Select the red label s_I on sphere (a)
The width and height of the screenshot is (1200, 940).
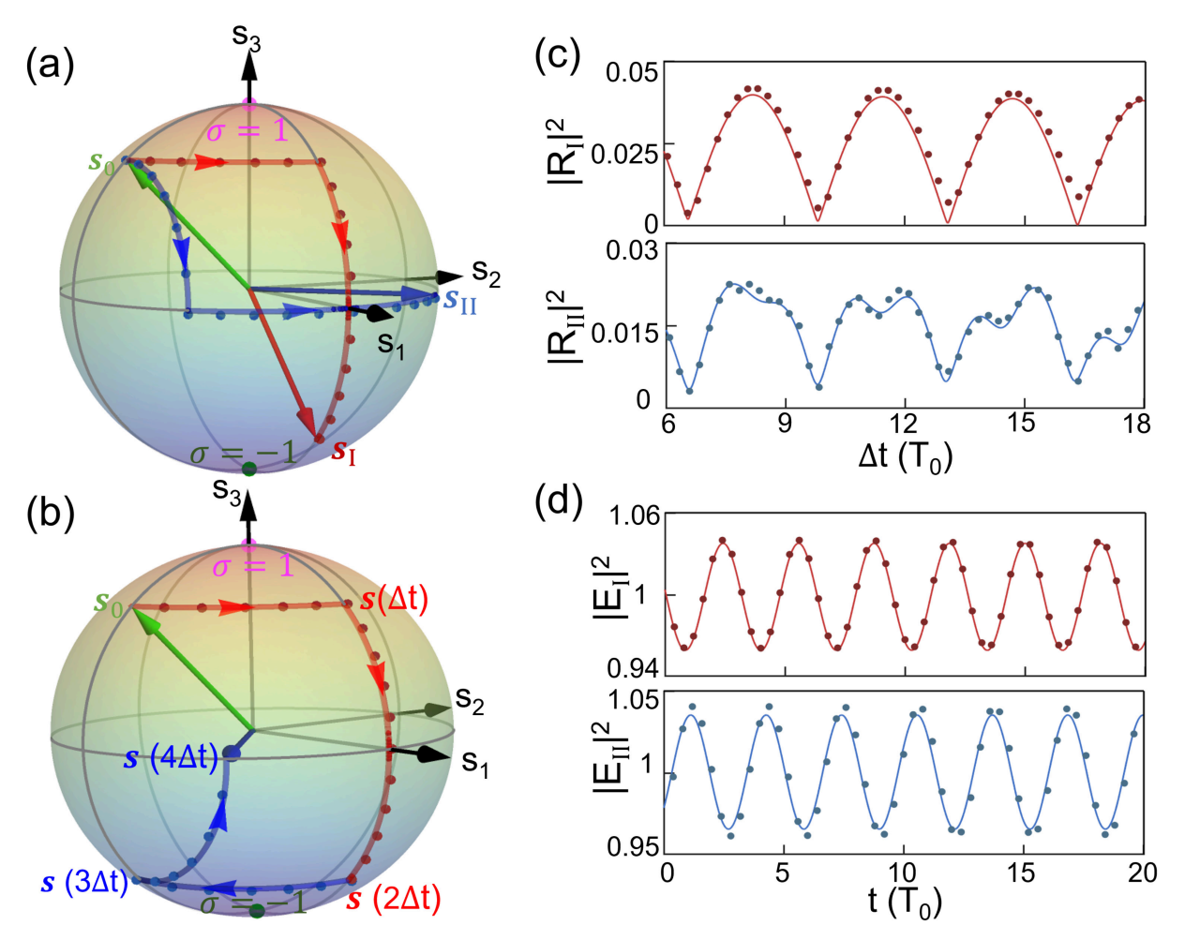click(344, 451)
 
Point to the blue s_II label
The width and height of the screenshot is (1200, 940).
click(460, 301)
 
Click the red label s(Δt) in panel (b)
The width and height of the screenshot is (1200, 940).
click(395, 599)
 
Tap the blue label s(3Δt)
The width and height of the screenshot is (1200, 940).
click(84, 882)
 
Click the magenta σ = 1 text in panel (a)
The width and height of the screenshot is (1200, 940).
click(247, 131)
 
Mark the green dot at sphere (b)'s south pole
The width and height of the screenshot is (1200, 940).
click(256, 911)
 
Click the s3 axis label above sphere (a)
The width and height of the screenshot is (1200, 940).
click(247, 37)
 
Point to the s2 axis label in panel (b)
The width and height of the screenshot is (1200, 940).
click(470, 700)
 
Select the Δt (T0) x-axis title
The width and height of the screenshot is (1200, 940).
click(905, 456)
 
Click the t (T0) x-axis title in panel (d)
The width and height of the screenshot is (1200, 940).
click(905, 903)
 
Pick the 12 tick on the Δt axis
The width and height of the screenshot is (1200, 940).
click(904, 424)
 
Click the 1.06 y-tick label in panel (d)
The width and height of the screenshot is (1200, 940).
click(635, 515)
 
